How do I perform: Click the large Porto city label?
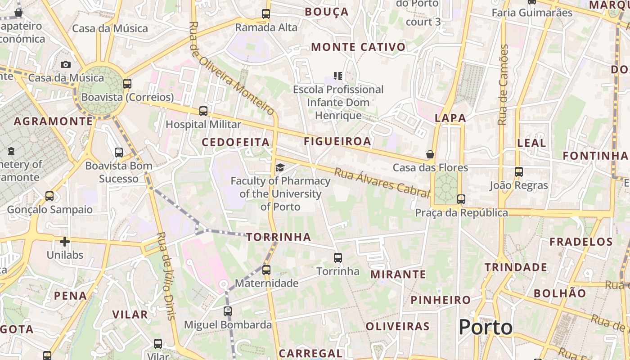pos(486,327)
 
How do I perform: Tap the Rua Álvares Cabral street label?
pos(382,183)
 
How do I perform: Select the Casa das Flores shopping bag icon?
pos(430,154)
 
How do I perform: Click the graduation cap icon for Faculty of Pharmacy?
pos(280,168)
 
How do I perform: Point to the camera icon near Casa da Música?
pos(66,64)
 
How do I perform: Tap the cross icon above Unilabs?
pos(65,242)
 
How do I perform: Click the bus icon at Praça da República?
pos(461,199)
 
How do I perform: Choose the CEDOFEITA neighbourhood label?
pos(235,143)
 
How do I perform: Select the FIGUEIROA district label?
pos(337,141)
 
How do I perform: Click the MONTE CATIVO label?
pos(358,47)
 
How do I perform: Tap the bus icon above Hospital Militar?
pos(203,111)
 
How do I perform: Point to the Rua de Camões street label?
pos(503,85)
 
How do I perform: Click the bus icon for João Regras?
pos(519,172)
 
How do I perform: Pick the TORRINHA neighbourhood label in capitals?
pos(279,237)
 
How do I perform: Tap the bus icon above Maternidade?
pos(266,270)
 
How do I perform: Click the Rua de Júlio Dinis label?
pos(166,275)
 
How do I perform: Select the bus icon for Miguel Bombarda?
pos(228,311)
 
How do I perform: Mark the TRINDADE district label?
pos(516,267)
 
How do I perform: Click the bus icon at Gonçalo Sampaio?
pos(49,197)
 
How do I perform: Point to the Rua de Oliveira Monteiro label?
pos(232,68)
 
